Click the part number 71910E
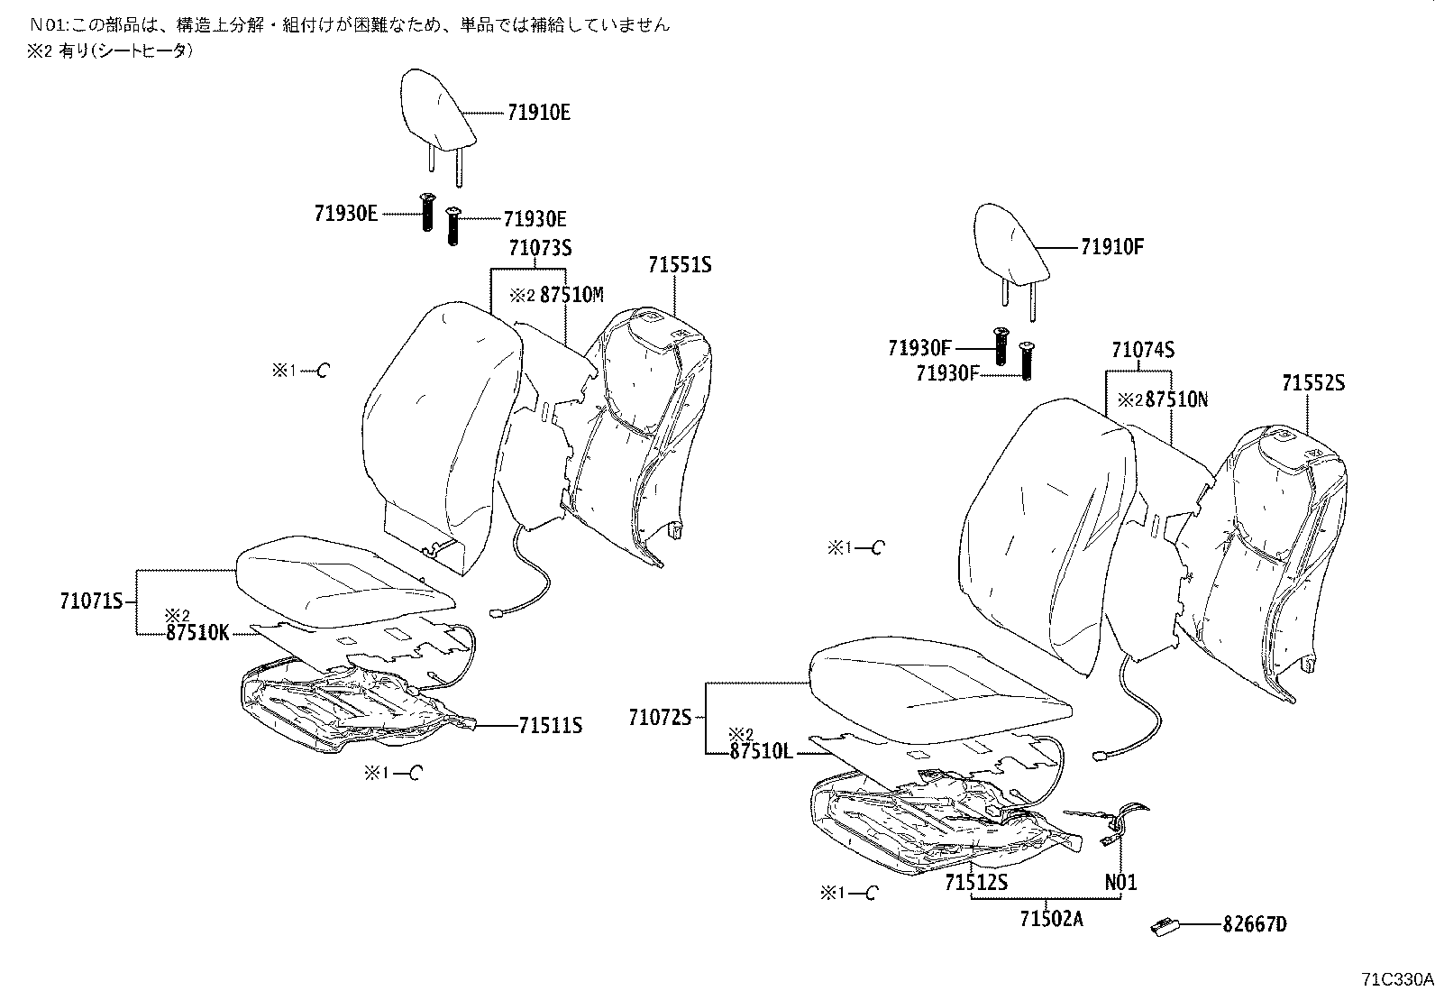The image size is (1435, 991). pos(538,113)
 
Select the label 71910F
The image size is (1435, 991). pos(1111,247)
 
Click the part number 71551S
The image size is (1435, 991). pos(680,265)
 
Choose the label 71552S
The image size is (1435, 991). pos(1313,383)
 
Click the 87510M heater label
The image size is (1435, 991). pos(571,295)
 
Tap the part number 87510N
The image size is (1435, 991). pos(1176,399)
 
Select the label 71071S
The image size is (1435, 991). pos(91,601)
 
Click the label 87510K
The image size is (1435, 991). pos(197,633)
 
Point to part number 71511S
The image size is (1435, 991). pos(550,725)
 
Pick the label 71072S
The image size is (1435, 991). pos(660,718)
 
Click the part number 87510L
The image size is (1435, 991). pos(762,751)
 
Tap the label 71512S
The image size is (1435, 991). pos(976,883)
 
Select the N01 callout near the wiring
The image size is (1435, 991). pos(1120,883)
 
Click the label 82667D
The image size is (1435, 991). pos(1255,924)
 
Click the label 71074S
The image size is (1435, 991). pos(1143,350)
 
